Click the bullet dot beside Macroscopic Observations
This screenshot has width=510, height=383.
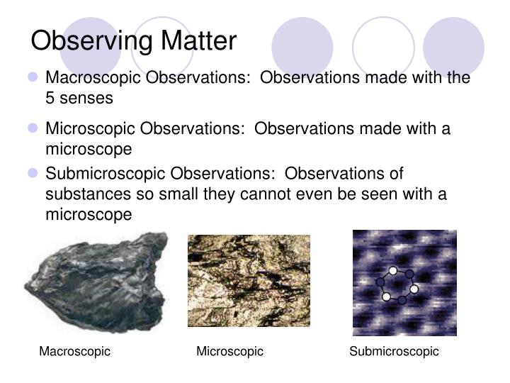(33, 77)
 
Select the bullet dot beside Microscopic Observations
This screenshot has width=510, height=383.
(33, 129)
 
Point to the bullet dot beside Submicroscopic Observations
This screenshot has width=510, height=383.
(33, 174)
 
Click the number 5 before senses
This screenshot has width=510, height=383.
(50, 99)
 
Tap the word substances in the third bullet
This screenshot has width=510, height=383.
(82, 194)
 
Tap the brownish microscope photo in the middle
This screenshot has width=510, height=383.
(249, 281)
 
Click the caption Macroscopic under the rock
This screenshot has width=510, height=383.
(74, 352)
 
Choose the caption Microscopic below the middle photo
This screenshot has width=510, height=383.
(229, 352)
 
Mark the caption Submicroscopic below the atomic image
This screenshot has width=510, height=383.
(394, 352)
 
